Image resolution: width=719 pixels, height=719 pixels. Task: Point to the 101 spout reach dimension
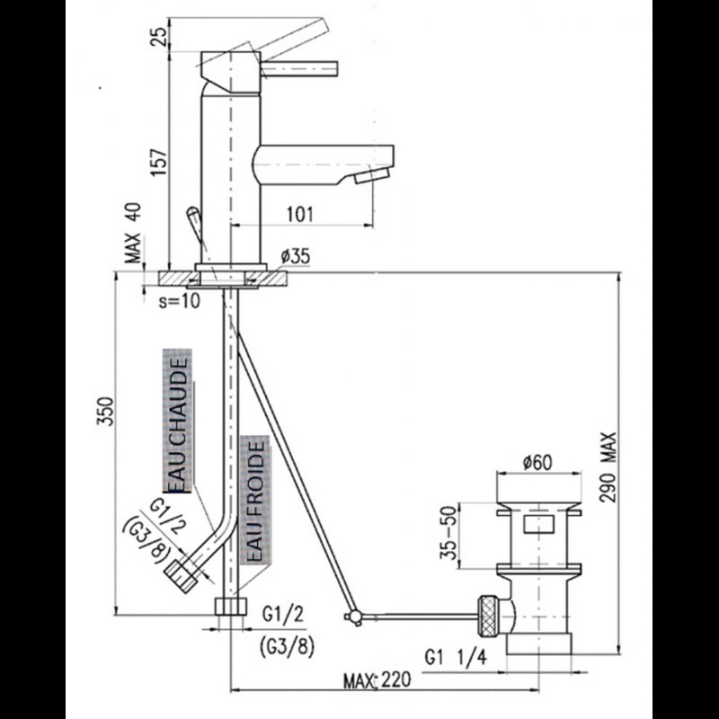pos(299,214)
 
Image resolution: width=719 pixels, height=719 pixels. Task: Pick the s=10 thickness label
pos(177,302)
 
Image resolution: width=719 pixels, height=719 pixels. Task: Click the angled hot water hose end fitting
pos(182,573)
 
